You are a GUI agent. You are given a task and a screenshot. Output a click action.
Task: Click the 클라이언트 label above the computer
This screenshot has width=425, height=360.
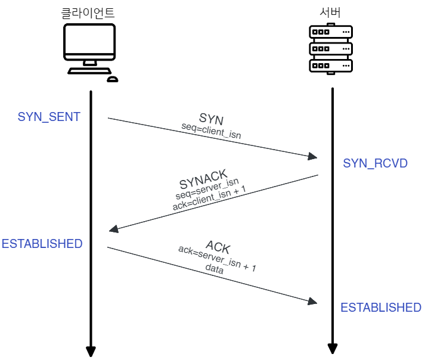click(x=88, y=13)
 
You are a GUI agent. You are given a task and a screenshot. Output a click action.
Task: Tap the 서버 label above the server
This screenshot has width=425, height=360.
click(x=330, y=13)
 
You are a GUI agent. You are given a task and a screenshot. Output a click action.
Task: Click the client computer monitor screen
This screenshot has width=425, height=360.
click(x=89, y=39)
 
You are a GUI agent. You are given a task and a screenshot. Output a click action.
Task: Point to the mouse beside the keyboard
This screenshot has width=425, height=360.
click(x=113, y=79)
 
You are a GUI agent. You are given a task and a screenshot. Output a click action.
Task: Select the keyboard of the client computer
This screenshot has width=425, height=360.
click(x=89, y=71)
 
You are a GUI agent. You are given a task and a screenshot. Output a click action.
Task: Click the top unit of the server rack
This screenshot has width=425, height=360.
click(x=331, y=32)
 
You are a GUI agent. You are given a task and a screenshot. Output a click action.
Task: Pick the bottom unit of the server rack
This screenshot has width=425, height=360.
click(x=331, y=66)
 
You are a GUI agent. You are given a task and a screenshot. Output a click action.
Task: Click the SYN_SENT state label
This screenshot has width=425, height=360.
click(x=49, y=117)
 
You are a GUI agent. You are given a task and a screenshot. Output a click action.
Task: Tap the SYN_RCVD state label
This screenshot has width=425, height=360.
click(x=376, y=163)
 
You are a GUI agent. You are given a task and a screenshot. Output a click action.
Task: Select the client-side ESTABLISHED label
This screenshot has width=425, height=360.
click(x=42, y=244)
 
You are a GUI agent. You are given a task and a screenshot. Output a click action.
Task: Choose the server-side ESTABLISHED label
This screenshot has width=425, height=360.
click(x=381, y=308)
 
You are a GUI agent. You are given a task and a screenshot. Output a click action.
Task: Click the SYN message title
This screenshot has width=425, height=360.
click(x=211, y=119)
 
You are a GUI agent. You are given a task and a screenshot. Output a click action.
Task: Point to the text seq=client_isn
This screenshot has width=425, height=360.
click(x=211, y=131)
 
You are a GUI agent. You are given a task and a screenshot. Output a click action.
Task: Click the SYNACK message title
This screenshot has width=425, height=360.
click(x=203, y=179)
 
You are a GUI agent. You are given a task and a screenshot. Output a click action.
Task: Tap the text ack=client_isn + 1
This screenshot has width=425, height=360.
click(x=209, y=198)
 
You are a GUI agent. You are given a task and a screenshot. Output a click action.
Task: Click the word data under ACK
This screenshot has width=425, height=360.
click(x=215, y=269)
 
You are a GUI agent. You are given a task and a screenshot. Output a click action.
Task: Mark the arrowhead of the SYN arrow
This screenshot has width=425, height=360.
click(x=313, y=156)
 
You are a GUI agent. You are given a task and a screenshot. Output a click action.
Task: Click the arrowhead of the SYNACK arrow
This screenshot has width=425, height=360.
click(x=114, y=229)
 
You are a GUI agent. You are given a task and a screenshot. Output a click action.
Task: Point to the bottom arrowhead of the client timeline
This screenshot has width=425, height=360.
click(x=91, y=352)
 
